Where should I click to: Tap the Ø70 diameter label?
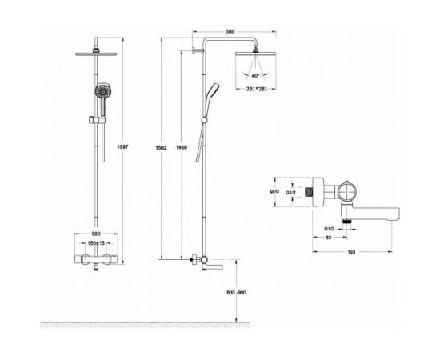tap(274, 191)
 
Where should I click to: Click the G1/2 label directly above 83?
tap(328, 227)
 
